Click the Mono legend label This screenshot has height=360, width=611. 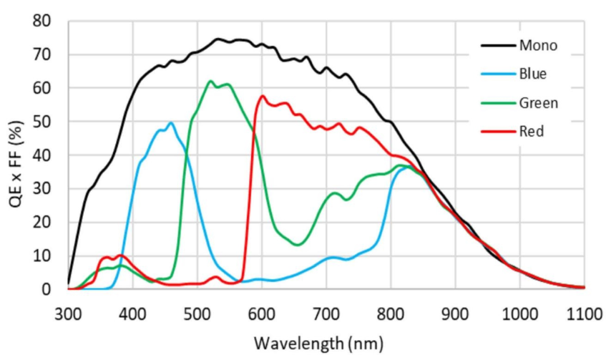(538, 46)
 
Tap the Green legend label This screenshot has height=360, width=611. (539, 102)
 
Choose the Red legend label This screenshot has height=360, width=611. (532, 131)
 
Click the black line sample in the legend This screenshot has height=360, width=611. (498, 46)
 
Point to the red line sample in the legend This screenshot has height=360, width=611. (498, 131)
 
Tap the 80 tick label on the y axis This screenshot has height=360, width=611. (42, 22)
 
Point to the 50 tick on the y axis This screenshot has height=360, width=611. (42, 122)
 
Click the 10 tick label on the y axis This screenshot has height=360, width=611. (42, 256)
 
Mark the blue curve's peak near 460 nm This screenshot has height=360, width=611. (170, 122)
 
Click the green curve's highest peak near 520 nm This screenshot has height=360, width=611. (210, 81)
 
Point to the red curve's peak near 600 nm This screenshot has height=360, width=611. (262, 96)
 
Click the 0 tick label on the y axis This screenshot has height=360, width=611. (47, 289)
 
